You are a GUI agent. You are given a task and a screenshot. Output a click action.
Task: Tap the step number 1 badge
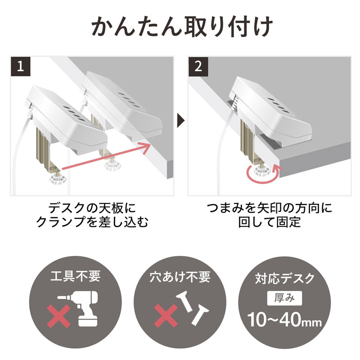[x=20, y=67]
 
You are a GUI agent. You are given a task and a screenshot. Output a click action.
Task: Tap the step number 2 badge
[x=198, y=67]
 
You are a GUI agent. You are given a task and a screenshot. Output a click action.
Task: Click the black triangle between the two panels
[x=180, y=121]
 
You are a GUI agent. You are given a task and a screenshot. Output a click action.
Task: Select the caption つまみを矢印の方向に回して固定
[x=269, y=215]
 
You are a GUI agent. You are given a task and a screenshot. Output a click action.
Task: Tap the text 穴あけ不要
[x=180, y=276]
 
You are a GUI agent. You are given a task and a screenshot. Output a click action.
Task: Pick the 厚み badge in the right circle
[x=284, y=297]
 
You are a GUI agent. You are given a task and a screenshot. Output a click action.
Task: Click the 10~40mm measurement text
[x=284, y=320]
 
